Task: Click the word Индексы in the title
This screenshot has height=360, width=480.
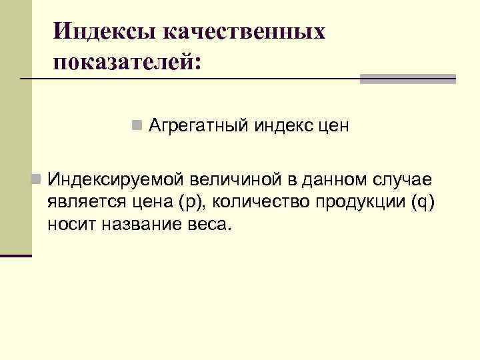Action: point(93,31)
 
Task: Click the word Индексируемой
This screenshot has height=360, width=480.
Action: point(116,179)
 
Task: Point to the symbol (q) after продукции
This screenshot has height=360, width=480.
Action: point(423,202)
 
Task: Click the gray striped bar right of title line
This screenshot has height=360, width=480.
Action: point(407,79)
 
